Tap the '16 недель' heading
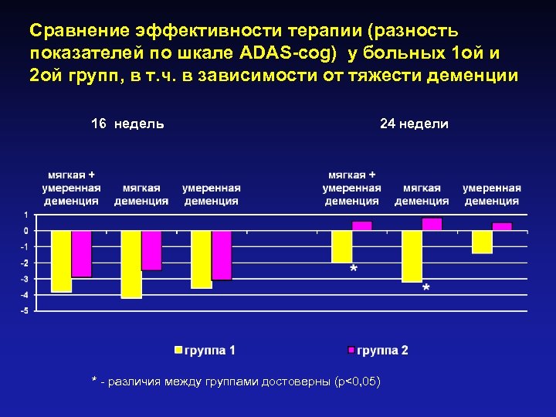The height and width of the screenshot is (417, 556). [x=127, y=124]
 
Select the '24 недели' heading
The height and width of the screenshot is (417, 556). [x=414, y=124]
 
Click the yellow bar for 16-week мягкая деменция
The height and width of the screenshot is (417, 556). [x=131, y=264]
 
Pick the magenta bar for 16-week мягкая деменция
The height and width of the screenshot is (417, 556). [x=152, y=250]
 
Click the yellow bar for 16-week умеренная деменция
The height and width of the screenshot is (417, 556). [x=202, y=259]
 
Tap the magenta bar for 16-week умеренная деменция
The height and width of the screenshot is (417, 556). [x=222, y=256]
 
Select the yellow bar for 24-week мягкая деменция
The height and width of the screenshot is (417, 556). [x=412, y=256]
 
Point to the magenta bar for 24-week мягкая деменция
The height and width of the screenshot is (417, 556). [x=432, y=224]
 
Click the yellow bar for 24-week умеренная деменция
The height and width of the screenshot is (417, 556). [x=482, y=242]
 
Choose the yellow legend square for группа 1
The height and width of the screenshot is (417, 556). [x=178, y=350]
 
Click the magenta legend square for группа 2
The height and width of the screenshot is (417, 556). [x=350, y=350]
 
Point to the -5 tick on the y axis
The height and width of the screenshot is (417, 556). [x=25, y=311]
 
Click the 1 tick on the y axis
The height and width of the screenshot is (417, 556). [x=26, y=215]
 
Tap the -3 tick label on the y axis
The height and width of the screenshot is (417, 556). [x=25, y=279]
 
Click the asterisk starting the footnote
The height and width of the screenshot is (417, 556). [x=93, y=381]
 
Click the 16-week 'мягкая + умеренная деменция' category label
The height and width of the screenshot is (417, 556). [x=72, y=188]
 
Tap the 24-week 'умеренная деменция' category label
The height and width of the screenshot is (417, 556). [x=492, y=194]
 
